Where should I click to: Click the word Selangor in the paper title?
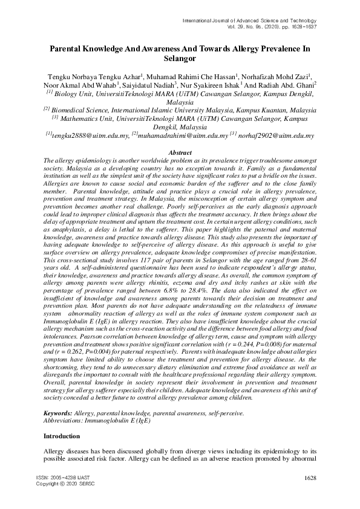pos(180,59)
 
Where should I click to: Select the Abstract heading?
pos(180,153)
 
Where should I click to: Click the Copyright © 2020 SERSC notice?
pos(65,484)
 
